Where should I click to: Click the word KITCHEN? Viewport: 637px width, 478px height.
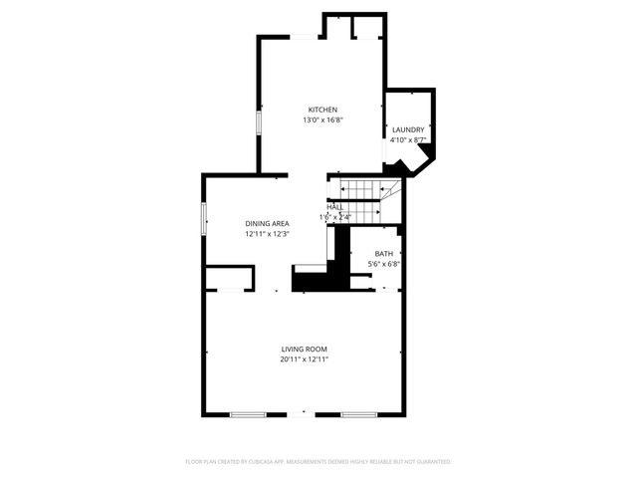(322, 110)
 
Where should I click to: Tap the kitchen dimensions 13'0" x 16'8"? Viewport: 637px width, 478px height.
(322, 120)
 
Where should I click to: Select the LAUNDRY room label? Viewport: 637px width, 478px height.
(408, 129)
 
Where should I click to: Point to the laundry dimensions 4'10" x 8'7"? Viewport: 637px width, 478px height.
(408, 140)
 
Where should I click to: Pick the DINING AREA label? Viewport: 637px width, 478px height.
(268, 223)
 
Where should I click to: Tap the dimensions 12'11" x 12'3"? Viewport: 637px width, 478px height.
(268, 234)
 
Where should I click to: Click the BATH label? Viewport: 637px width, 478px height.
(383, 254)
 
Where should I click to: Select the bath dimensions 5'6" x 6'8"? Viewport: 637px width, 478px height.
(383, 264)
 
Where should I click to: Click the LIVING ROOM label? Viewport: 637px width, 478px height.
(304, 349)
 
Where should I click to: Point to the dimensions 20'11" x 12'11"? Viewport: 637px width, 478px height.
(304, 359)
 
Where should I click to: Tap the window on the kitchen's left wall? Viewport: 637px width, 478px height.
(259, 121)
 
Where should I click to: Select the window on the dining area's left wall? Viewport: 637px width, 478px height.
(203, 217)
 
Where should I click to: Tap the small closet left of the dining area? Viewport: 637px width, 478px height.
(230, 278)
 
